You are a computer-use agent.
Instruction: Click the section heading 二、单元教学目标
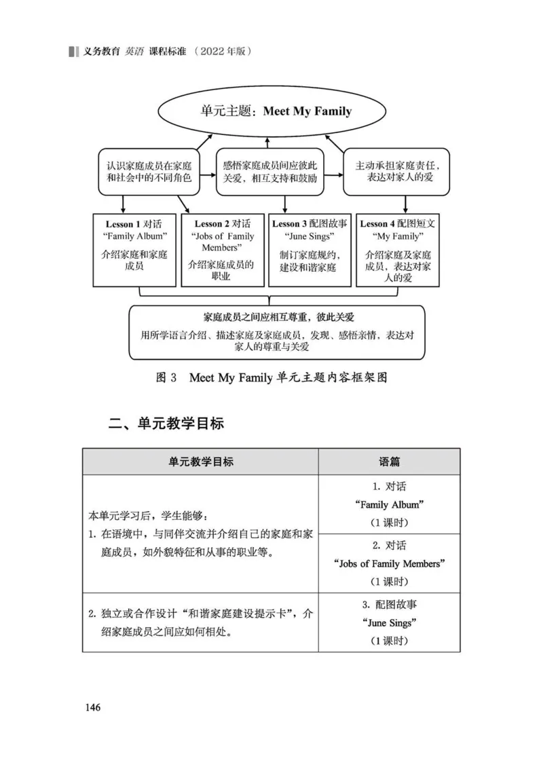click(x=166, y=424)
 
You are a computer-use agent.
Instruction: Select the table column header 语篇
click(x=389, y=462)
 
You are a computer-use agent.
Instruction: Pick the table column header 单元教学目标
click(x=201, y=462)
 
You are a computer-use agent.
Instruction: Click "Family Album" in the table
click(x=389, y=504)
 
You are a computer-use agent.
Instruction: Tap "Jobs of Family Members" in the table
click(x=389, y=563)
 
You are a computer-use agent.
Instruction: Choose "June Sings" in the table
click(x=389, y=622)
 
